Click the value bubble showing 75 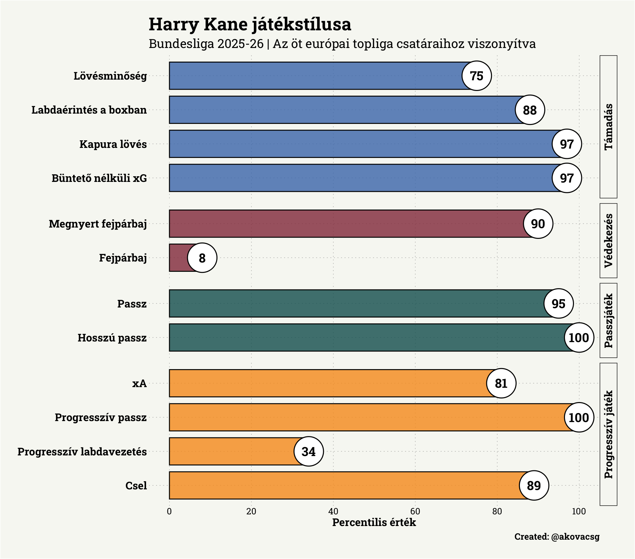coord(477,76)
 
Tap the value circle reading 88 coord(530,110)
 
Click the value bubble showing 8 coord(202,258)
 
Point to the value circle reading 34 coord(308,451)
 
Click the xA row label coord(139,383)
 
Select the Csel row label coord(136,485)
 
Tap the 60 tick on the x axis coord(415,511)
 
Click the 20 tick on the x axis coord(251,511)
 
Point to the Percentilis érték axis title coord(374,522)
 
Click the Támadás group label coord(609,127)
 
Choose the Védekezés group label coord(609,241)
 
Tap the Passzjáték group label coord(609,320)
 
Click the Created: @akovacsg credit coord(557,537)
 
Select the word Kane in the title coord(226,24)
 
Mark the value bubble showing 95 coord(558,303)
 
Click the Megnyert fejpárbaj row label coord(98,224)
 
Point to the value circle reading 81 coord(501,383)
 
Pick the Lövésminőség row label coord(110,76)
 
